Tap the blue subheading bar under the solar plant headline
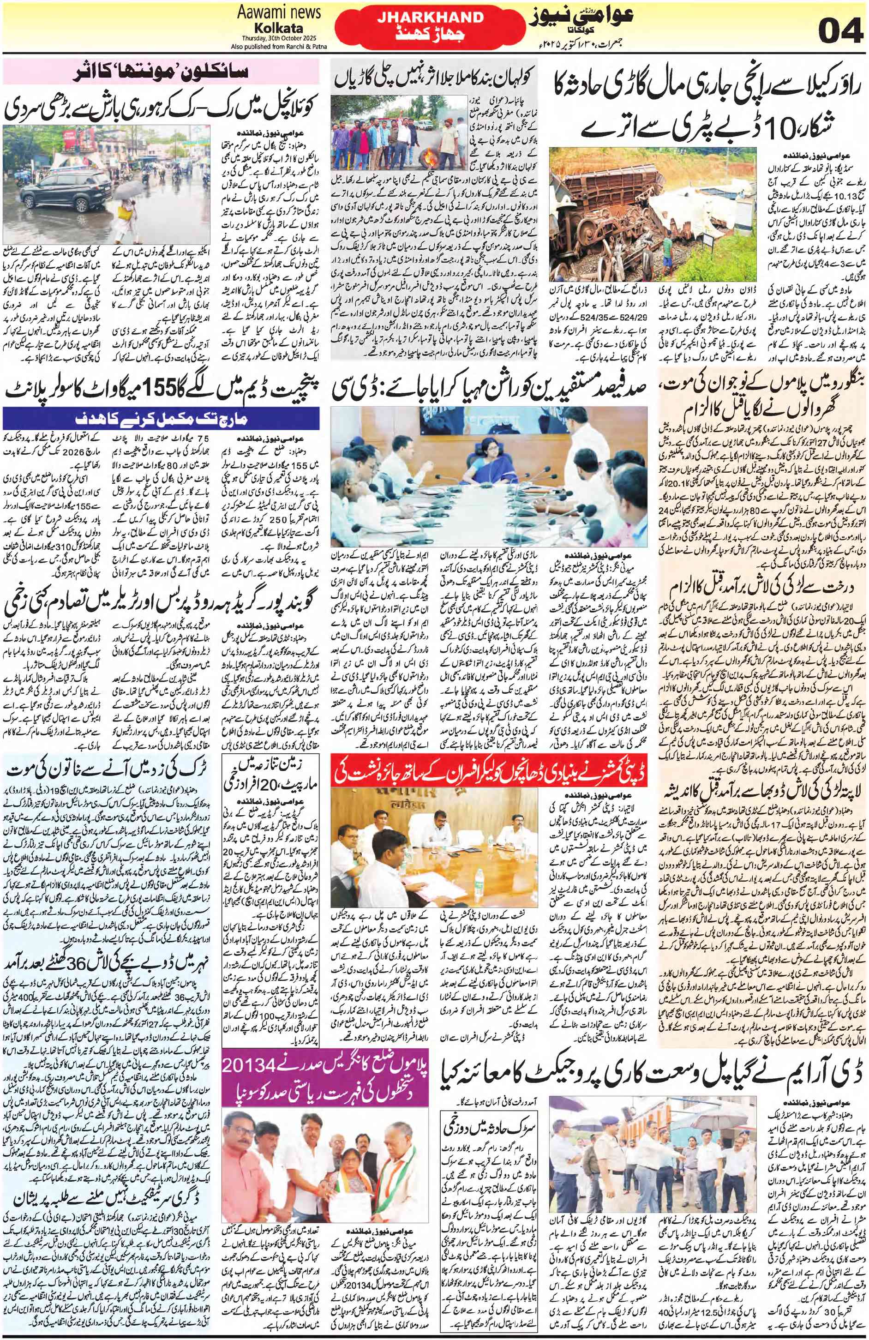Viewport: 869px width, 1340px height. pyautogui.click(x=161, y=418)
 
